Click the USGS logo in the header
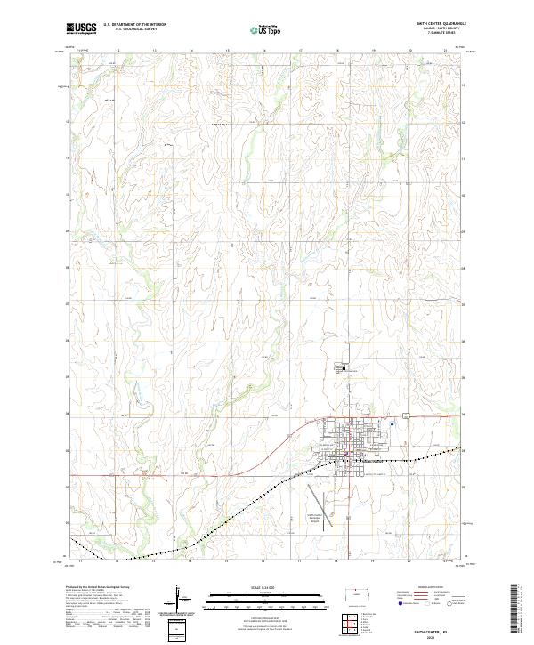pos(81,28)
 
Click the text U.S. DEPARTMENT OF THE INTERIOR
pos(134,25)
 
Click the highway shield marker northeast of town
pos(406,415)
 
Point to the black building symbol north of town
pos(342,367)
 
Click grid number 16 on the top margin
pos(264,51)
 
